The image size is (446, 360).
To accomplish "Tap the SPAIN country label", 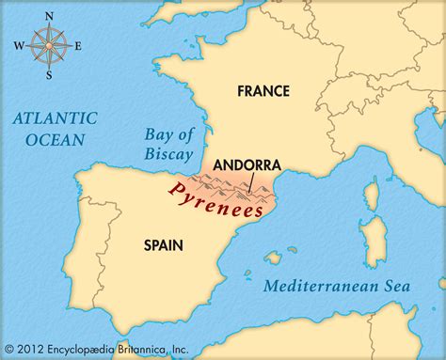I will click(x=163, y=245).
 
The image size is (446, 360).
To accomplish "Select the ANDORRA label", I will click(x=247, y=164).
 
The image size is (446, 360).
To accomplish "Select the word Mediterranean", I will click(x=318, y=286).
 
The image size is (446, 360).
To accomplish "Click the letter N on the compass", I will click(x=46, y=16).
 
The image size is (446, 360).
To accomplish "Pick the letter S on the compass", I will click(x=46, y=74).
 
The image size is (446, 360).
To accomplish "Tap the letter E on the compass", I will click(x=79, y=44).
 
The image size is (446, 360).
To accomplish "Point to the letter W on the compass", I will click(x=16, y=44).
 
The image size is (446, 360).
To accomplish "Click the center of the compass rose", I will click(x=46, y=44).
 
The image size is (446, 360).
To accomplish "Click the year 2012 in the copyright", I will click(x=35, y=349).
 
